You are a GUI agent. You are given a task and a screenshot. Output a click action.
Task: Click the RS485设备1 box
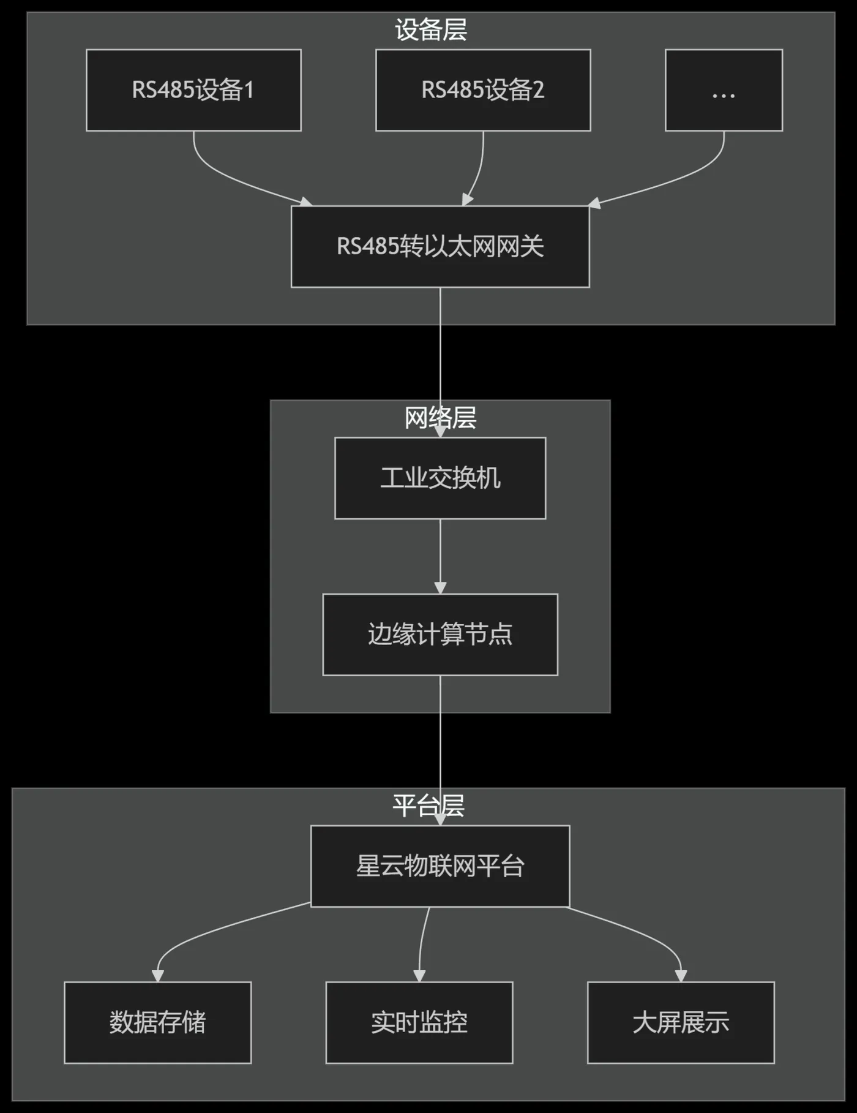click(x=193, y=90)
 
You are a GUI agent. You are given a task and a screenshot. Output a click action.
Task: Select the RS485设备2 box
click(x=483, y=90)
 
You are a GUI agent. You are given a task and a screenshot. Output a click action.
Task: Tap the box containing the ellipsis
click(x=724, y=90)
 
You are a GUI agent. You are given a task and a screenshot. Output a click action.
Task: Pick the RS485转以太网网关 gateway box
click(x=440, y=246)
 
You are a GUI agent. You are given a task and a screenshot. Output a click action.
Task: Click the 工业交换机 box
click(x=440, y=478)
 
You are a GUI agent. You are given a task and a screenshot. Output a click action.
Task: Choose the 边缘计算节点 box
click(x=440, y=634)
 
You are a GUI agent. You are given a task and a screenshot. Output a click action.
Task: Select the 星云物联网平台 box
click(x=440, y=866)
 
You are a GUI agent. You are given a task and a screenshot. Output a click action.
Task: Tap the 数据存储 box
click(x=158, y=1022)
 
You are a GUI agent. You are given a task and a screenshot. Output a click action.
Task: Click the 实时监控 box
click(x=419, y=1022)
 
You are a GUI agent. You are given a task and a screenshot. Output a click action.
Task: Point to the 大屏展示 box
click(x=681, y=1022)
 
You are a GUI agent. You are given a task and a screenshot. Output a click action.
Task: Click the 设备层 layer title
click(x=431, y=29)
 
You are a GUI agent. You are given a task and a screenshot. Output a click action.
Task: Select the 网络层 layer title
click(x=440, y=418)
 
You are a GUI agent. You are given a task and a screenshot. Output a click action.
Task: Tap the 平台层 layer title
click(x=428, y=806)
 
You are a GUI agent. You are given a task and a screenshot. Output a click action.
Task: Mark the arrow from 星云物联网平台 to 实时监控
click(x=422, y=943)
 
